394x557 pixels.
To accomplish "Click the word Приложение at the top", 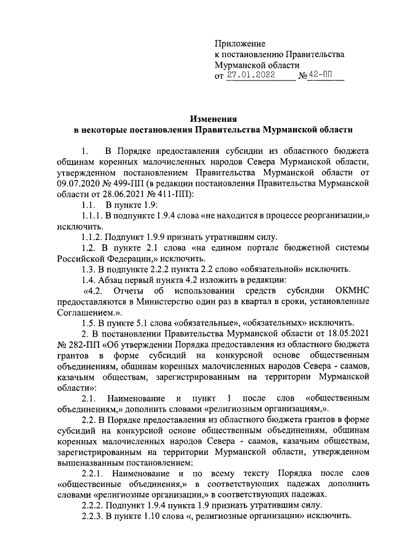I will pos(239,44).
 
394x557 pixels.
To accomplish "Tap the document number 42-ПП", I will pos(321,75).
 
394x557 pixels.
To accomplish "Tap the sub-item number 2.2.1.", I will pos(95,473).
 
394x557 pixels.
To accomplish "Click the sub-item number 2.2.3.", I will pos(95,516).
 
